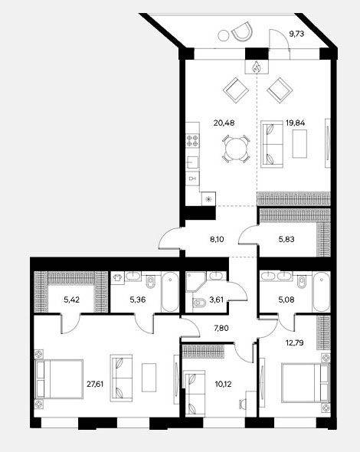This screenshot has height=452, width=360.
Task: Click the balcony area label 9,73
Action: click(296, 34)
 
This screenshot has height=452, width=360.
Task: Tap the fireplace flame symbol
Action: click(257, 67)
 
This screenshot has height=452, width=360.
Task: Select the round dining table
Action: click(236, 149)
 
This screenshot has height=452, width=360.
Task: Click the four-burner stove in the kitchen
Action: click(192, 140)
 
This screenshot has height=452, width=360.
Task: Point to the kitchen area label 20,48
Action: click(224, 123)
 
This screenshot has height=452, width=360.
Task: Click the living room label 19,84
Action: click(295, 123)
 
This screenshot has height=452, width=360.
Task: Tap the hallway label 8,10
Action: click(217, 239)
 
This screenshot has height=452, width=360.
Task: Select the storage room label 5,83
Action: click(286, 239)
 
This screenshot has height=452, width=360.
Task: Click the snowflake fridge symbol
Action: click(208, 199)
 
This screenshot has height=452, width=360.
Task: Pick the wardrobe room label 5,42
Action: click(71, 300)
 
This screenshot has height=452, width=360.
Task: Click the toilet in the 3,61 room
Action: click(199, 303)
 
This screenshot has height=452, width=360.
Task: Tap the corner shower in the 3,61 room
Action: click(195, 282)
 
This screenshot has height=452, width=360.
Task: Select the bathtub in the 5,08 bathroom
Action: click(321, 292)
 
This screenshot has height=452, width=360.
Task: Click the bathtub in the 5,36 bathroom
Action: click(170, 292)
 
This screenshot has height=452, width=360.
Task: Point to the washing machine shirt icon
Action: click(118, 278)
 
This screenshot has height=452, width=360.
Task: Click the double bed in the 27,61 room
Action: click(59, 379)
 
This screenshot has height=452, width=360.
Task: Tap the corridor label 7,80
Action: click(221, 328)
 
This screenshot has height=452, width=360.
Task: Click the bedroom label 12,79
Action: click(295, 343)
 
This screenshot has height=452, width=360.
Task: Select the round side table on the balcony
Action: click(223, 35)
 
